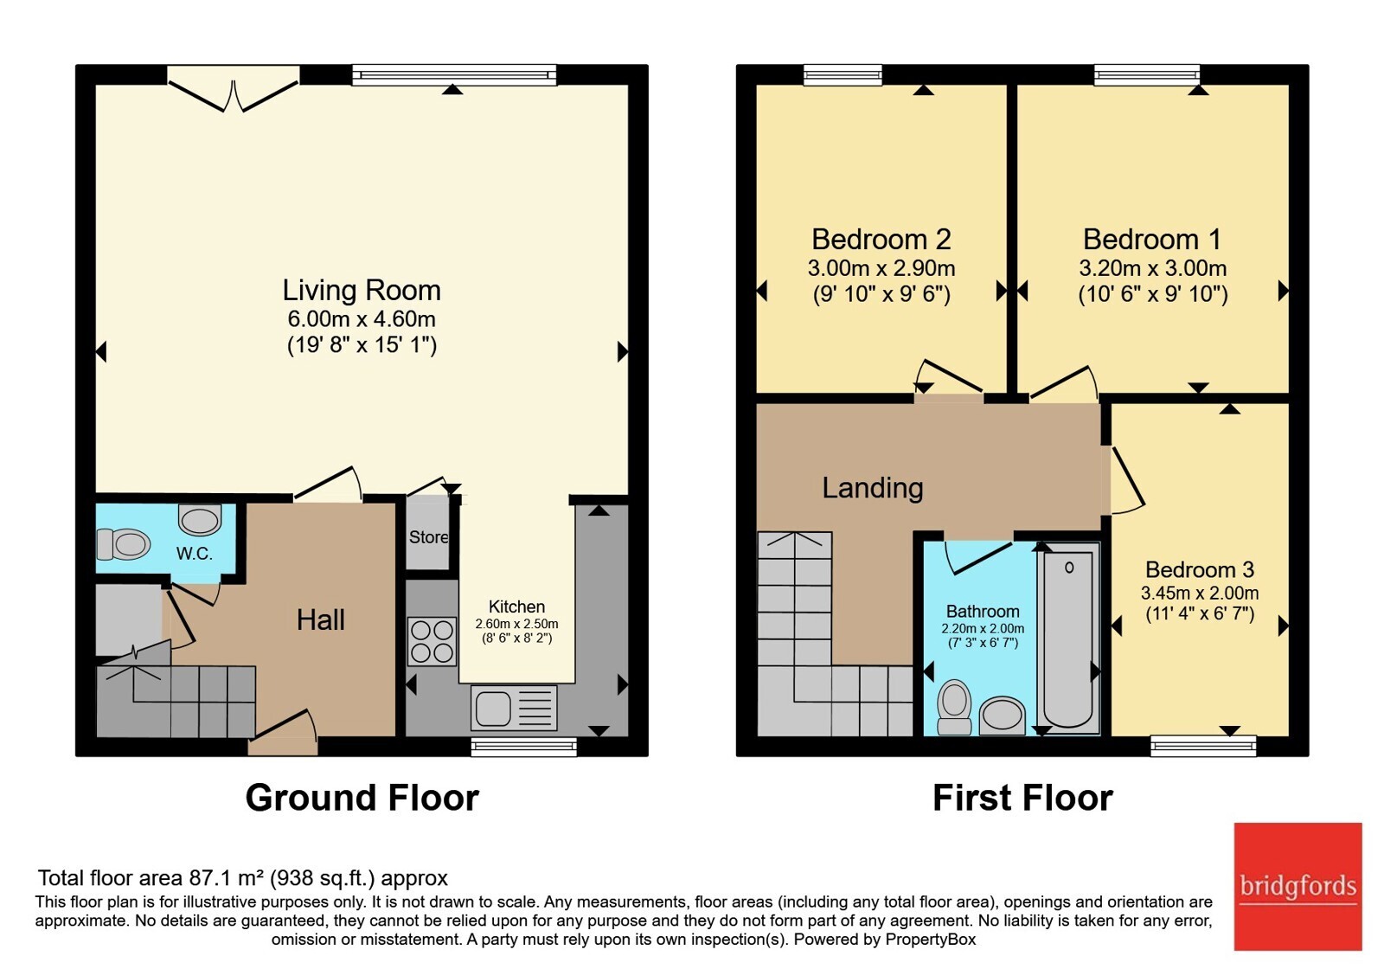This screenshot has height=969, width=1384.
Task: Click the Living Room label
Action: [362, 291]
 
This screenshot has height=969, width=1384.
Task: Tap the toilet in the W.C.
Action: [124, 544]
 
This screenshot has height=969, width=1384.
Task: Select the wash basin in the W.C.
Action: [200, 520]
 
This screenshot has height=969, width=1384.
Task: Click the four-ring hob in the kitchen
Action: [432, 641]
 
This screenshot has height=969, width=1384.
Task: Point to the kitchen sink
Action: [514, 708]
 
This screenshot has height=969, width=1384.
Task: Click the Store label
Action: [428, 537]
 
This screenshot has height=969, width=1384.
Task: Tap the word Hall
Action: [320, 619]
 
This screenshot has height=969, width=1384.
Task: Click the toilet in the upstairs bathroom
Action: [954, 707]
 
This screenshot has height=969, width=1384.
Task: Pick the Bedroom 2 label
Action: [881, 239]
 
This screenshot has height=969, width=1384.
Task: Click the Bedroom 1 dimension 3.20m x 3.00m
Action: [1153, 268]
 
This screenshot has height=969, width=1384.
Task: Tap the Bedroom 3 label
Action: [1200, 569]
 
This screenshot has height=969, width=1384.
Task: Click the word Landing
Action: [873, 488]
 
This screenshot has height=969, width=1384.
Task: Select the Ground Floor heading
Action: [362, 797]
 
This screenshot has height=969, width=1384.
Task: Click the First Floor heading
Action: [1022, 797]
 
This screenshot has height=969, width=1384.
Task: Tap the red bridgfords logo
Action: [1298, 886]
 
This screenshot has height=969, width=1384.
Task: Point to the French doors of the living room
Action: [234, 91]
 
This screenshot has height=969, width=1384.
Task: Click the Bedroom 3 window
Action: [1203, 746]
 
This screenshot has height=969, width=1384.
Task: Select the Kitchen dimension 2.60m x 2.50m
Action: [516, 624]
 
